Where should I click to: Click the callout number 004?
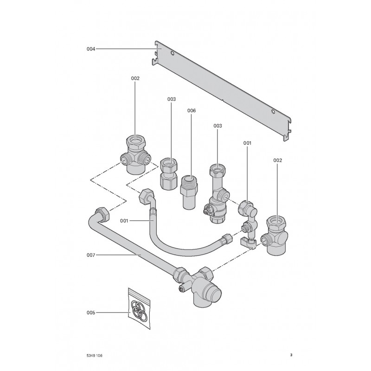coord(91,49)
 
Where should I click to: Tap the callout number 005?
coord(91,313)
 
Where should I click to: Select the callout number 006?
coord(192,111)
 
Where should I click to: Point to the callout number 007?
coord(91,255)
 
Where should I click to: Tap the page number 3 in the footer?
coord(291,356)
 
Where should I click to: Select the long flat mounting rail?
coord(223,88)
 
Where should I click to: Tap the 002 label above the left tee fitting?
coord(135,78)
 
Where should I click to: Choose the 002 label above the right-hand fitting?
coord(277,160)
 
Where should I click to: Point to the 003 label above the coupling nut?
coord(172,99)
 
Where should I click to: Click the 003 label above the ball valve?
coord(217,126)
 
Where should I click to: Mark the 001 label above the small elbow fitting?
coord(247,143)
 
